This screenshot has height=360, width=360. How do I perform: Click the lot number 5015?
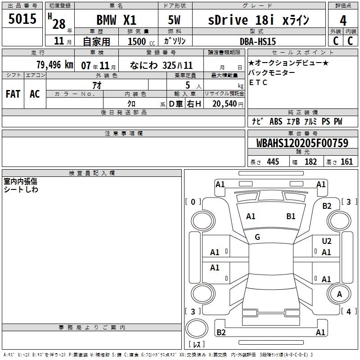point(22,19)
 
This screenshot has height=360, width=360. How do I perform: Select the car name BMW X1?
point(116,20)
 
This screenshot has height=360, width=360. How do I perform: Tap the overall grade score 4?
point(343,21)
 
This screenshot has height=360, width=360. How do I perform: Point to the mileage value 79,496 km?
point(54,65)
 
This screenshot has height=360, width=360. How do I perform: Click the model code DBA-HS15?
point(258,41)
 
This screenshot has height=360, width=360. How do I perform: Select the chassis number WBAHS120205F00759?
point(302,143)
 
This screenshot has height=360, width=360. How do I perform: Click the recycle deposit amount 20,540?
point(225,104)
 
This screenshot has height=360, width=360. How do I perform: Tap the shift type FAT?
point(13,94)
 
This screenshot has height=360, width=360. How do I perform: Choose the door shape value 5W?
point(174,20)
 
